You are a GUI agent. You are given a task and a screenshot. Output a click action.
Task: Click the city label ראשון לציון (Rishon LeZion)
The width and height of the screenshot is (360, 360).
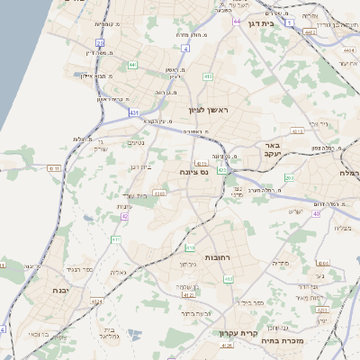click(210, 110)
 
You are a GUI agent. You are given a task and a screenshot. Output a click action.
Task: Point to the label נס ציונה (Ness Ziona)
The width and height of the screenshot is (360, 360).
click(193, 171)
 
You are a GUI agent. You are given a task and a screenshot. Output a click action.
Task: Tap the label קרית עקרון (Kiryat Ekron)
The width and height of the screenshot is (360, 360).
click(233, 333)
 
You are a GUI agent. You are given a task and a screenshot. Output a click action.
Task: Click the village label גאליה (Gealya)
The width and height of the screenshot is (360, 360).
click(118, 272)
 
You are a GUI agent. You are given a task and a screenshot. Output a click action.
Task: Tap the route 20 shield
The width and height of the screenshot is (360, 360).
click(101, 42)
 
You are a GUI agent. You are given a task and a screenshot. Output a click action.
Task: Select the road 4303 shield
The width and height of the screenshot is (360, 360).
click(159, 193)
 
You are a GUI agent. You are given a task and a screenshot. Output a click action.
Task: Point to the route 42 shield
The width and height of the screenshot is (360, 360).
click(125, 217)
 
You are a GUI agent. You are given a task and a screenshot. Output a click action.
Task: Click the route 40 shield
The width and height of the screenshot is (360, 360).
click(317, 213)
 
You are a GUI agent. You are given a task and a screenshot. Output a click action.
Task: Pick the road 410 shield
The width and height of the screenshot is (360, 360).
click(190, 247)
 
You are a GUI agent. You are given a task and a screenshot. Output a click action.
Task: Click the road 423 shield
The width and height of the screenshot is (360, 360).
click(322, 310)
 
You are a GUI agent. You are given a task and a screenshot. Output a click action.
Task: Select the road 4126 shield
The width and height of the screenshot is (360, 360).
click(227, 345)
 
